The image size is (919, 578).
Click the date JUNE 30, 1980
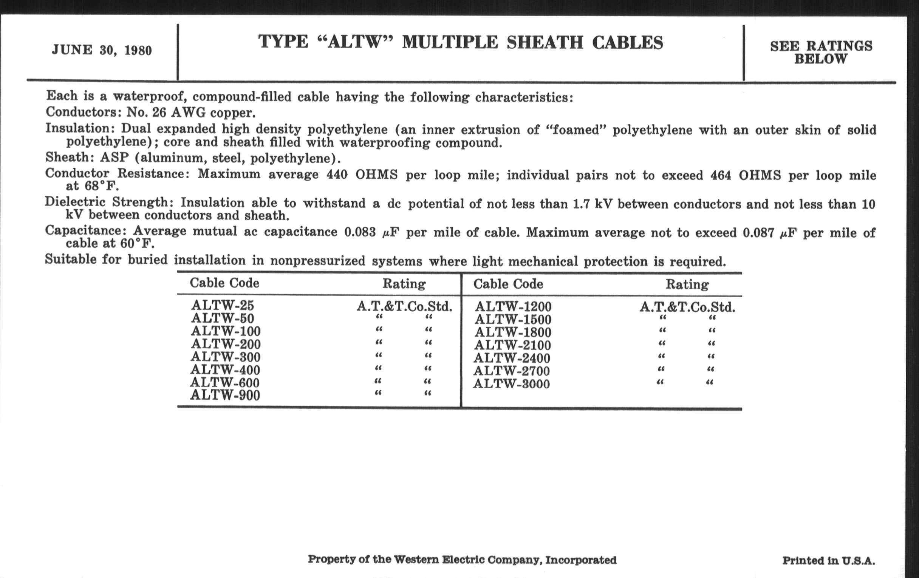coord(102,50)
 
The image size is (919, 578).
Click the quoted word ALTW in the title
coord(355,42)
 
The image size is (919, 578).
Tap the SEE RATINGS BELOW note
coord(821,52)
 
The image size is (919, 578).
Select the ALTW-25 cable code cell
coord(223,305)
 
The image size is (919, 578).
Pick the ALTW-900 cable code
coord(225,395)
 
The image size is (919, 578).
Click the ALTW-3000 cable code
coord(511,384)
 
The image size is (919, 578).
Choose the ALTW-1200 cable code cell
coord(513,307)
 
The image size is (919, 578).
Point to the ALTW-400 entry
coord(225,370)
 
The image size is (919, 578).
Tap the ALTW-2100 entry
coord(512,345)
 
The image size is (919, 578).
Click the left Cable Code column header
coord(224,283)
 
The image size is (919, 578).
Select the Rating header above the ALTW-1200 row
coord(687,284)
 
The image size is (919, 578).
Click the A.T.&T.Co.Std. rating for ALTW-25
coord(404,306)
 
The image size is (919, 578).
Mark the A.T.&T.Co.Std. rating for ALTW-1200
coord(687,308)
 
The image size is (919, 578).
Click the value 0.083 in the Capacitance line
coord(360,232)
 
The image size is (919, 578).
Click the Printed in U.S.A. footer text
coord(829,561)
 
